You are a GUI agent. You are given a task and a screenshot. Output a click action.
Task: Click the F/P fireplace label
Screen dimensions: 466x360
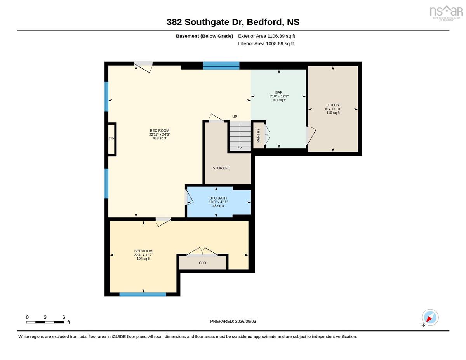point(111,139)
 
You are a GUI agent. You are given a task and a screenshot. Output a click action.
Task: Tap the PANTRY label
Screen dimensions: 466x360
point(258,135)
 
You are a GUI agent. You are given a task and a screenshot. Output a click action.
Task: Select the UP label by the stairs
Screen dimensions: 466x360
point(235,117)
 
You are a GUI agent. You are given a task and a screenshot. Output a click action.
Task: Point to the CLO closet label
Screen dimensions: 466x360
point(202,263)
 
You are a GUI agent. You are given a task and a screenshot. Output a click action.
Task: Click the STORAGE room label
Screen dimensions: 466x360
point(221,168)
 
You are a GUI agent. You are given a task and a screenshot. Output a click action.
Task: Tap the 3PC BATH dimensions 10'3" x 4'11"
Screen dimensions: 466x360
point(218,202)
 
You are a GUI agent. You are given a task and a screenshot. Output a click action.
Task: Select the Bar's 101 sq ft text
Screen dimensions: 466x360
point(279,100)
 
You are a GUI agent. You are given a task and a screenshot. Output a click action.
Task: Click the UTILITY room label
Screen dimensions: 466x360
point(333,105)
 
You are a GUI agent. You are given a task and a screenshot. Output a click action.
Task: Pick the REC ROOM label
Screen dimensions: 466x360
point(160,130)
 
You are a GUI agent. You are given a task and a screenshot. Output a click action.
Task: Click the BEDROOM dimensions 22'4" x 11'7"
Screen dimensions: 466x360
point(143,255)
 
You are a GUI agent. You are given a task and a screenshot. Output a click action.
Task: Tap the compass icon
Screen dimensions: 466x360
point(430,318)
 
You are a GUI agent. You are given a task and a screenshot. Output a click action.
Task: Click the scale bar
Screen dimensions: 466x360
point(45,322)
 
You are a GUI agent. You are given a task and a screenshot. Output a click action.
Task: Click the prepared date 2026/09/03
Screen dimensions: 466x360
point(245,322)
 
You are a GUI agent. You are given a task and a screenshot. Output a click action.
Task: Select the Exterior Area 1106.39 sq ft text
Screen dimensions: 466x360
point(266,36)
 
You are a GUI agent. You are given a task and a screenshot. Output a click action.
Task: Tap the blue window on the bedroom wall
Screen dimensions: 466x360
point(143,295)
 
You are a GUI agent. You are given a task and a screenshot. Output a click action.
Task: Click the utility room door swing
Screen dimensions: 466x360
point(311,136)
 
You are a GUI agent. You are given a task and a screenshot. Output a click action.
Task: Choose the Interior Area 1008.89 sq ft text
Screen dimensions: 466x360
point(266,44)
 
